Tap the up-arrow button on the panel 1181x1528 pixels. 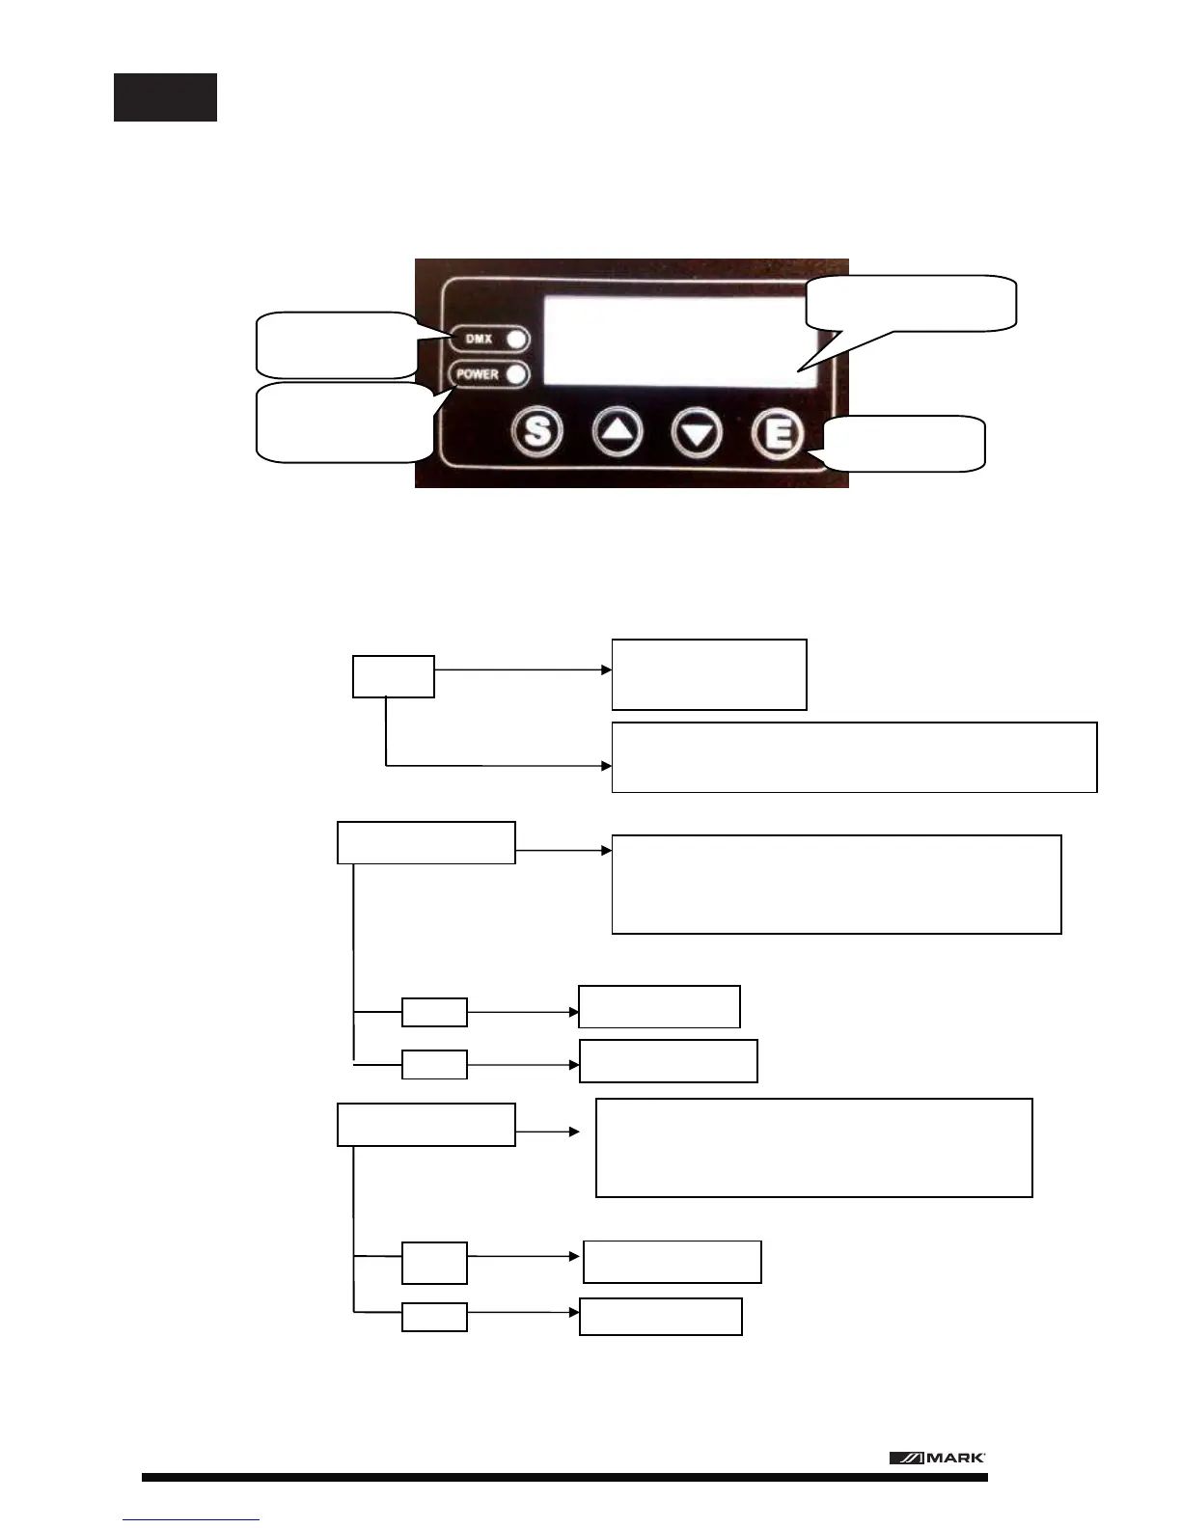tap(618, 432)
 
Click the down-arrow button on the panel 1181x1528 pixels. tap(697, 432)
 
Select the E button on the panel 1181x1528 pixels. tap(778, 432)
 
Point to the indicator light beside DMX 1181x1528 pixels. tap(516, 340)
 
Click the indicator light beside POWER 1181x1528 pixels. tap(516, 374)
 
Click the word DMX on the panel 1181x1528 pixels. tap(479, 340)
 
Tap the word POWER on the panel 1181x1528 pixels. tap(478, 374)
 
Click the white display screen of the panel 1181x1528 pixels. tap(675, 341)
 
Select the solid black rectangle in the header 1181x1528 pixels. tap(165, 97)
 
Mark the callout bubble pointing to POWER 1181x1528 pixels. tap(343, 423)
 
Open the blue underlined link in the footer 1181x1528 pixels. tap(191, 1518)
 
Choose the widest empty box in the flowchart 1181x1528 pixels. tap(854, 757)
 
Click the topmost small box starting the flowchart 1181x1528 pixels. tap(393, 676)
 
